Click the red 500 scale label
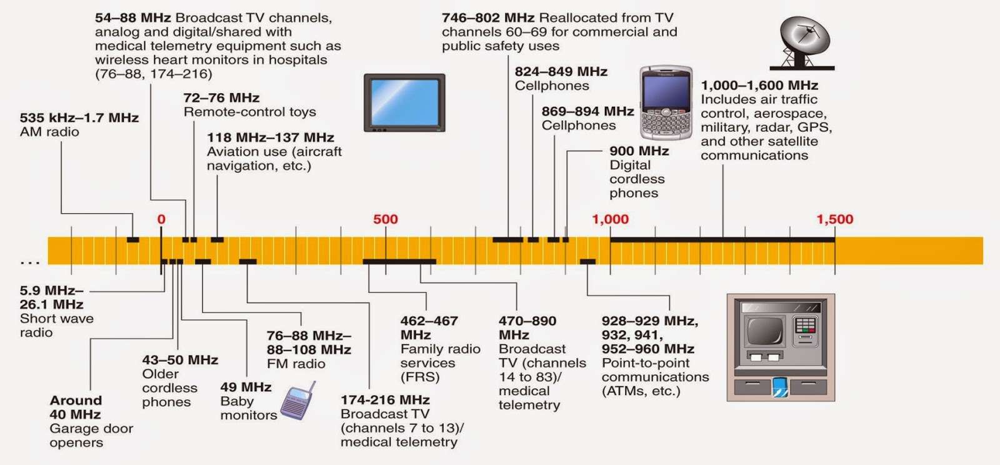point(385,219)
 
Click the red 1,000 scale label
point(610,219)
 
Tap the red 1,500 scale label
point(834,219)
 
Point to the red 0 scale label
point(161,219)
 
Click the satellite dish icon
point(804,42)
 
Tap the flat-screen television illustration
point(404,102)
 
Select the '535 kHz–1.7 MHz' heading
point(79,117)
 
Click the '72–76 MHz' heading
point(221,98)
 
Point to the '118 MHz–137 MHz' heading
point(270,137)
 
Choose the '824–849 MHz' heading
point(561,72)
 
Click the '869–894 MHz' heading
point(587,111)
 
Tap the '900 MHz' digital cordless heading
point(639,151)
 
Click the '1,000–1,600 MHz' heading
point(759,86)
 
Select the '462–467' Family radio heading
point(429,321)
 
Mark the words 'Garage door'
point(91,429)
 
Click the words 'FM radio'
point(296,364)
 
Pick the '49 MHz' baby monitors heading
point(246,387)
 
